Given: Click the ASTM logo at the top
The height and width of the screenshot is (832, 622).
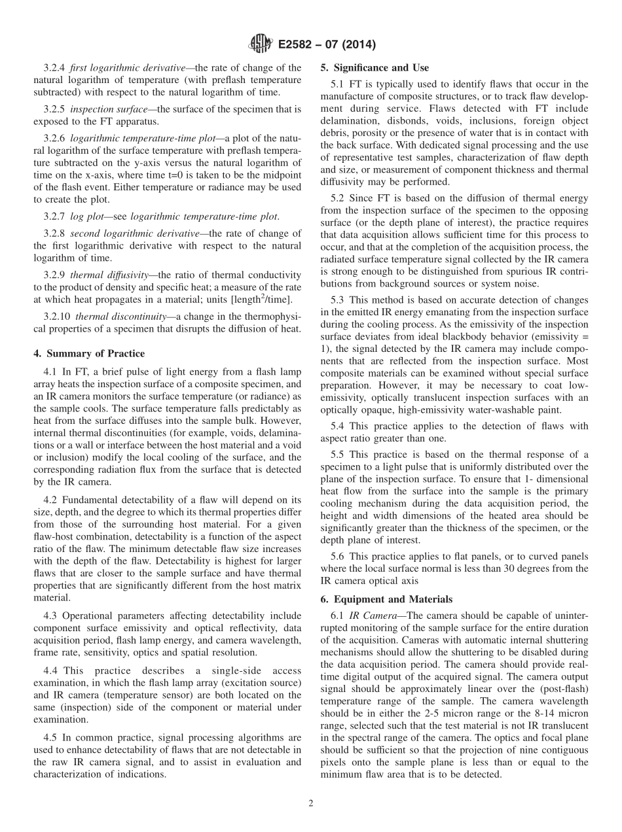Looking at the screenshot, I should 261,44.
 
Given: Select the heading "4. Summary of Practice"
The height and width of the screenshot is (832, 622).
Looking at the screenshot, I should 89,354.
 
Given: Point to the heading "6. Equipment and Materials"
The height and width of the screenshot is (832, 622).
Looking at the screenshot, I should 386,599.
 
